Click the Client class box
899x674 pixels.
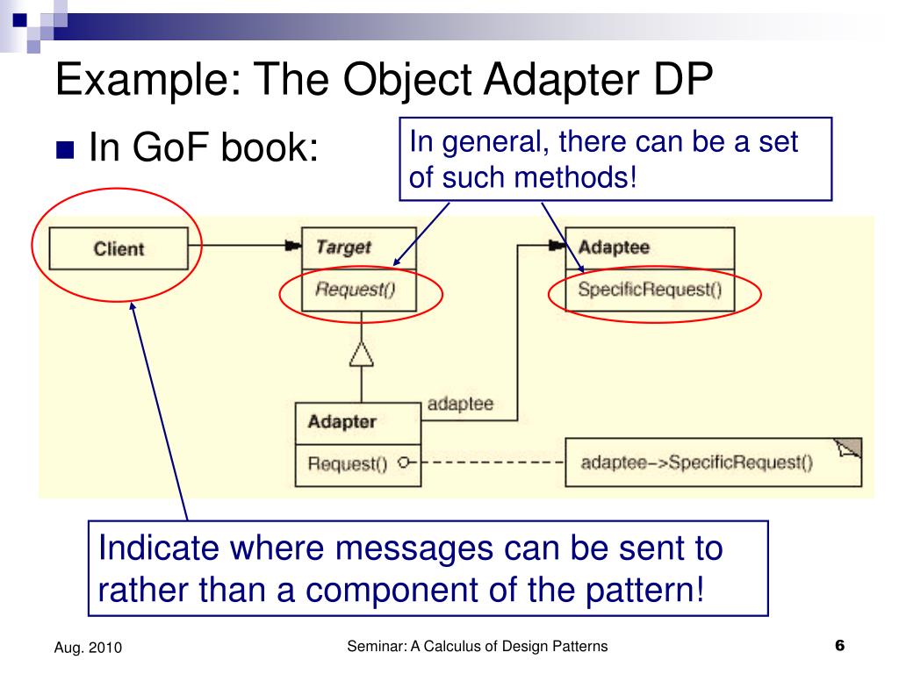coord(119,249)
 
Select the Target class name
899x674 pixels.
coord(343,247)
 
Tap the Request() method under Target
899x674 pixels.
coord(355,290)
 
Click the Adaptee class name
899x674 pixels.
coord(614,247)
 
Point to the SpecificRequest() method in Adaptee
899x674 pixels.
coord(650,290)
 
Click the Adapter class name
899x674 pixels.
coord(342,422)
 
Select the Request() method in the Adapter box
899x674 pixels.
coord(347,464)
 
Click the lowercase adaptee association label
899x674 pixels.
coord(460,405)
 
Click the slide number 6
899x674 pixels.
coord(839,646)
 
